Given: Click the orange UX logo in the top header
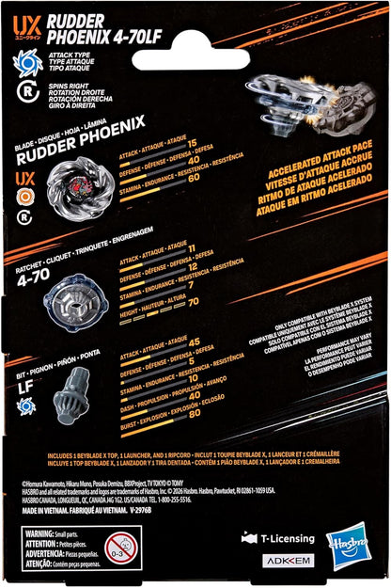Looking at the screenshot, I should point(26,17).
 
